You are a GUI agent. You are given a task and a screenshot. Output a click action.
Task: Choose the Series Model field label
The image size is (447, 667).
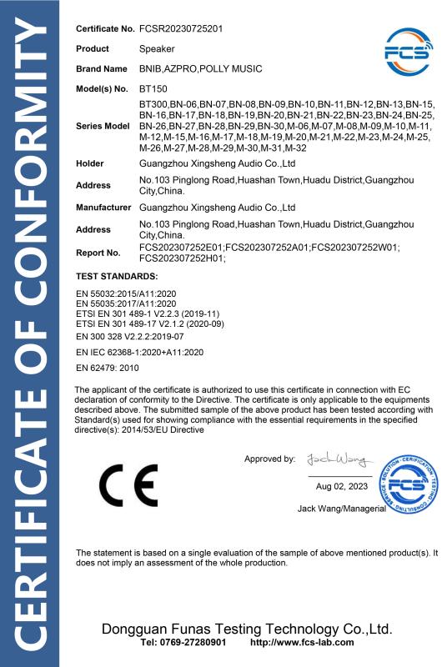coord(103,125)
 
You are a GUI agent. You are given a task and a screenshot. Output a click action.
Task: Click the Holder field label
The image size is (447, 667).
coord(89,163)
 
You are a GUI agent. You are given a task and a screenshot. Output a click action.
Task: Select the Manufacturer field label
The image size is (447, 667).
coord(104,206)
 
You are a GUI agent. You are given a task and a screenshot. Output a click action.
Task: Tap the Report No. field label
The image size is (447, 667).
coord(98,251)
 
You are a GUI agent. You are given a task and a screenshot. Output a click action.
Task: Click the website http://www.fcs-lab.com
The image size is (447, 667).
coord(302,643)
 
